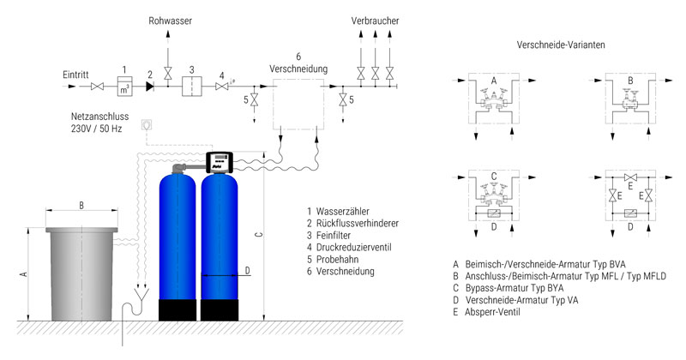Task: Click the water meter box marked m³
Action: pyautogui.click(x=124, y=87)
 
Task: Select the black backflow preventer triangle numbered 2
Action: pyautogui.click(x=149, y=87)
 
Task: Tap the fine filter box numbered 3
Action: pyautogui.click(x=191, y=87)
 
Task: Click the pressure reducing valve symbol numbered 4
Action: pyautogui.click(x=222, y=87)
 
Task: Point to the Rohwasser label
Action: pyautogui.click(x=170, y=21)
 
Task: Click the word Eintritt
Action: pyautogui.click(x=75, y=75)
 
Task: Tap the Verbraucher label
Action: pyautogui.click(x=375, y=21)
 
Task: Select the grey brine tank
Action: pyautogui.click(x=81, y=274)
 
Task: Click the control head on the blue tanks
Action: pyautogui.click(x=219, y=162)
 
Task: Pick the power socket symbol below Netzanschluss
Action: pyautogui.click(x=147, y=124)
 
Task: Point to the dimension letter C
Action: pyautogui.click(x=259, y=235)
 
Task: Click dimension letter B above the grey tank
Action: pyautogui.click(x=81, y=205)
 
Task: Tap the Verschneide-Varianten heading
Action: pyautogui.click(x=561, y=45)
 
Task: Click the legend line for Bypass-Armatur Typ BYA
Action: pyautogui.click(x=508, y=288)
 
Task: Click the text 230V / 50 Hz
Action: pyautogui.click(x=96, y=129)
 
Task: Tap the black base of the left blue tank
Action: pyautogui.click(x=178, y=310)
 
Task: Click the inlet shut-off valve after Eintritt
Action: pyautogui.click(x=97, y=87)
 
